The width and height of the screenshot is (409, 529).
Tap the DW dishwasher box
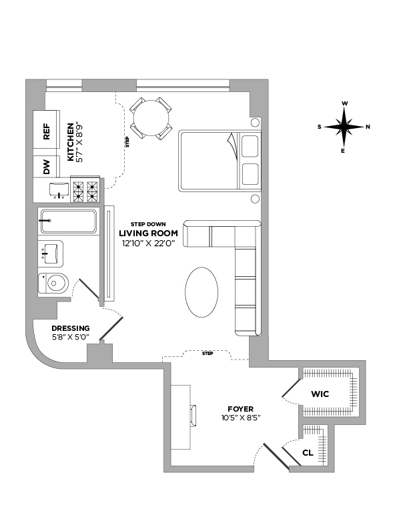pyautogui.click(x=47, y=167)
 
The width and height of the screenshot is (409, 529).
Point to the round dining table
pyautogui.click(x=149, y=119)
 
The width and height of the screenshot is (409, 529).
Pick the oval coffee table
pyautogui.click(x=200, y=293)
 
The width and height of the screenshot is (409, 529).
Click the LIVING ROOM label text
pyautogui.click(x=148, y=233)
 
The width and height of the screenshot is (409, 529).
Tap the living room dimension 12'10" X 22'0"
pyautogui.click(x=148, y=243)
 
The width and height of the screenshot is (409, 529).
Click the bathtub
pyautogui.click(x=68, y=220)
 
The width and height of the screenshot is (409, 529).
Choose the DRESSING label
pyautogui.click(x=69, y=328)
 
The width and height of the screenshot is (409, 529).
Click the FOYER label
pyautogui.click(x=240, y=408)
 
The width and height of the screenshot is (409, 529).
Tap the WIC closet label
pyautogui.click(x=320, y=394)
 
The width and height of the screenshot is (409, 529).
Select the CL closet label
pyautogui.click(x=308, y=452)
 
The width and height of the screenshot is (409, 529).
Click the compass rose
pyautogui.click(x=344, y=127)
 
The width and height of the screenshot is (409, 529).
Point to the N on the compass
pyautogui.click(x=368, y=127)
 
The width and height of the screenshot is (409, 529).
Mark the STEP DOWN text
pyautogui.click(x=148, y=223)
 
